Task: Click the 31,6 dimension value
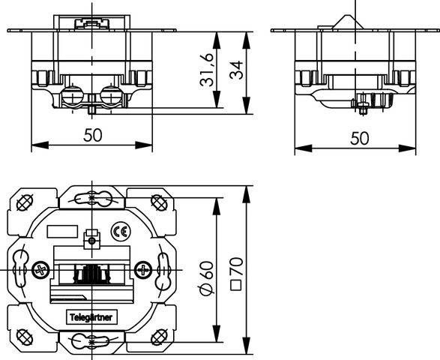tap(207, 69)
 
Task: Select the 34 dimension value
tap(236, 70)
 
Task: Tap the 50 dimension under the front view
tap(93, 135)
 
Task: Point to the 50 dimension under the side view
tap(360, 138)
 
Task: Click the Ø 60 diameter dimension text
tap(207, 278)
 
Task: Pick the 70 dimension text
tap(236, 266)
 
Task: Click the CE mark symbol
tap(121, 232)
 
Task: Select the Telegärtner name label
tap(91, 317)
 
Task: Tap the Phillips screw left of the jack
tap(41, 271)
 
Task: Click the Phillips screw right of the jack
tap(143, 270)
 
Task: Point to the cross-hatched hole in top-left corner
tap(25, 202)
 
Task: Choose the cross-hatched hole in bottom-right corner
tap(159, 337)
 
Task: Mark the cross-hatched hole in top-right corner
tap(159, 202)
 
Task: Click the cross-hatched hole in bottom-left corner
tap(25, 337)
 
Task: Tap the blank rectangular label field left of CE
tap(62, 232)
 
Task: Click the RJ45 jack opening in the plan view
tap(91, 273)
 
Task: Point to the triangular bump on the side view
tap(348, 22)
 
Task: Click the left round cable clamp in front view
tap(73, 95)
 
